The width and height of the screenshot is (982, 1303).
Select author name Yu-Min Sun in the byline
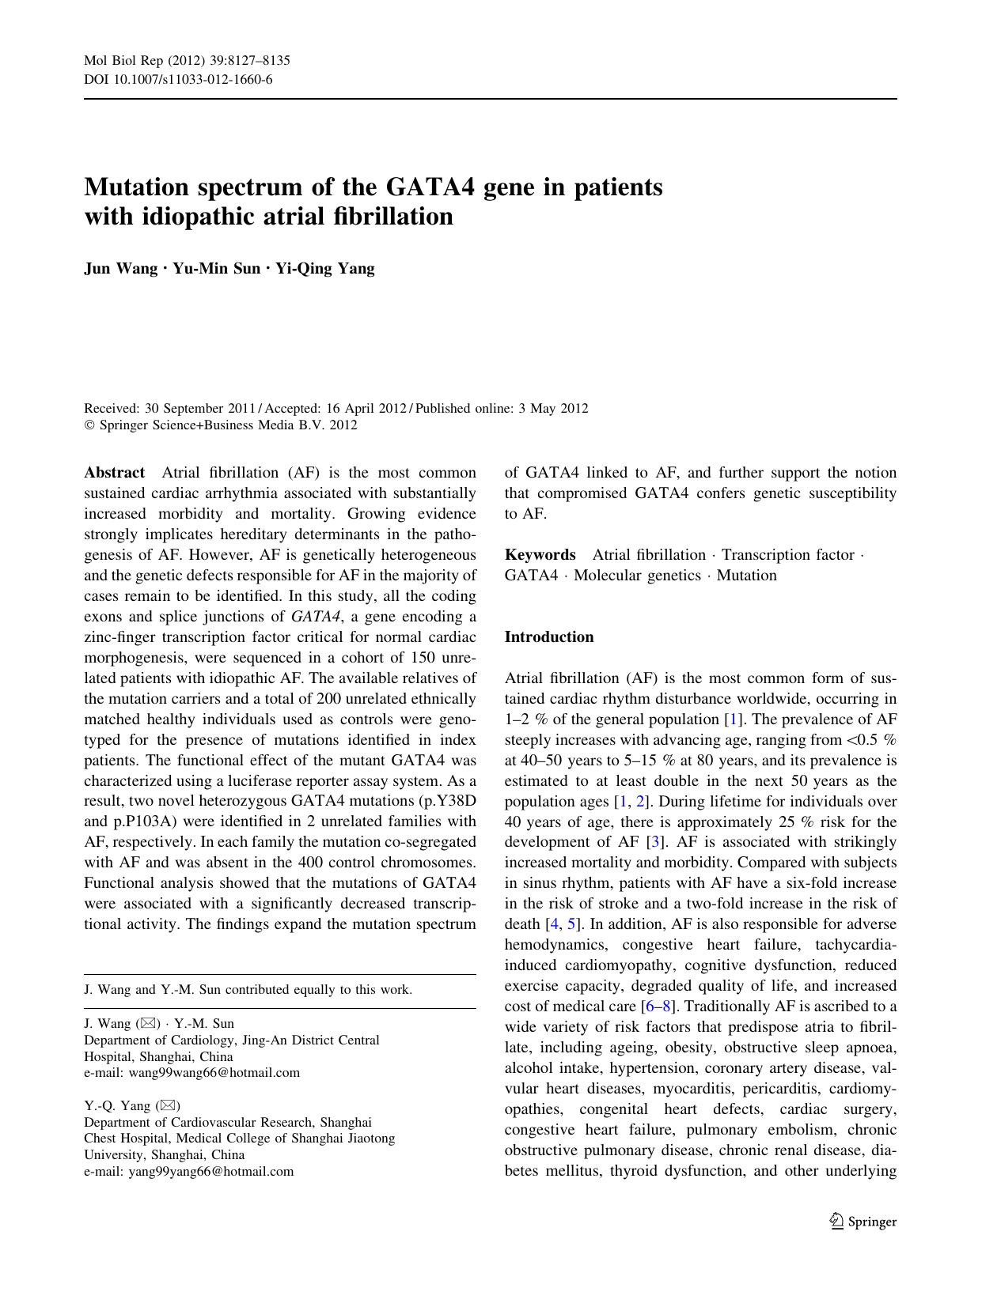click(216, 269)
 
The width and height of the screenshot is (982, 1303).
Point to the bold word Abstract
click(114, 473)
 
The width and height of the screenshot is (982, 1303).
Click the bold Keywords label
click(540, 555)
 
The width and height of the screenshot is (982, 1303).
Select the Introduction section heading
click(548, 637)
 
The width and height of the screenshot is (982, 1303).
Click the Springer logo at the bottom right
click(863, 1222)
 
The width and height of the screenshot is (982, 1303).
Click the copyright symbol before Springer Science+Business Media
click(89, 425)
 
